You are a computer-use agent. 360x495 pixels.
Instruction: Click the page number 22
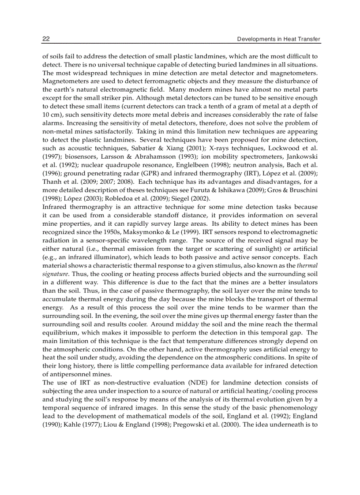pos(45,39)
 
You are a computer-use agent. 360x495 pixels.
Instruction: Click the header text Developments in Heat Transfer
pos(278,39)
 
